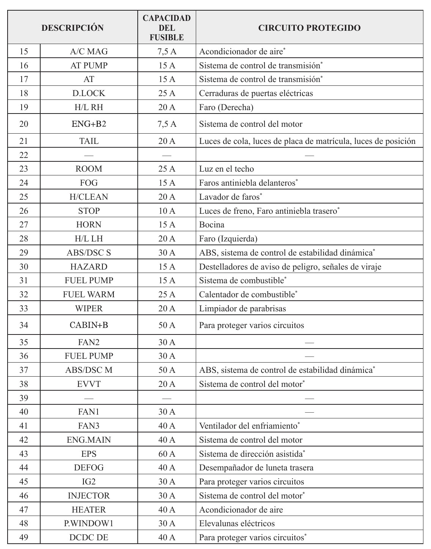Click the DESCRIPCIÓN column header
72,28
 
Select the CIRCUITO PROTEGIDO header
309,28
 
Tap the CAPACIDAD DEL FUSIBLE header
167,28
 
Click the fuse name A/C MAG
89,52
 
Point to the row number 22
24,155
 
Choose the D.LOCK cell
89,93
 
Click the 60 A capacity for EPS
167,454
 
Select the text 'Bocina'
212,225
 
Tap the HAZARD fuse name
89,267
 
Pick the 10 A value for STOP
167,211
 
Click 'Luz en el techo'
227,169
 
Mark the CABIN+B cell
89,325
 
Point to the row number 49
24,538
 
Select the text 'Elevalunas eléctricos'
237,524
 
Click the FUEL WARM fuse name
89,295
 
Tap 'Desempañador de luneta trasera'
256,468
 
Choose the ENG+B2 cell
89,124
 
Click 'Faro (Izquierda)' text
228,239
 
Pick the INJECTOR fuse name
89,496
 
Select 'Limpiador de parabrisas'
242,309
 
